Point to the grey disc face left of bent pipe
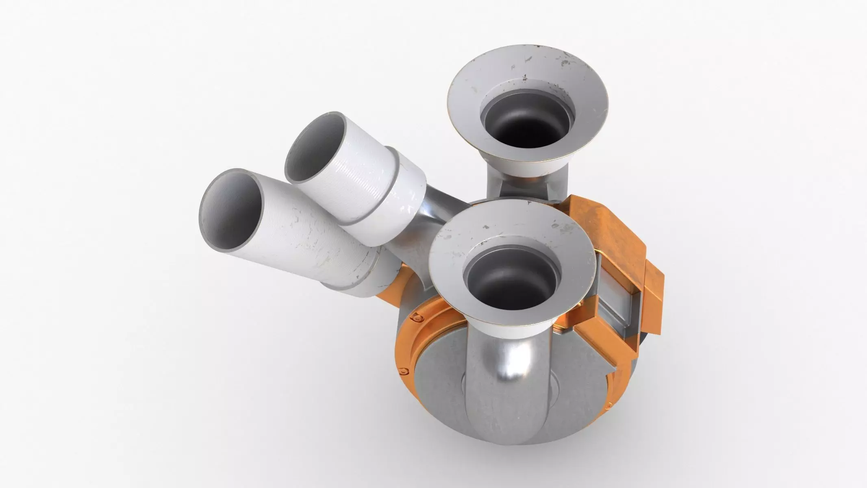point(439,386)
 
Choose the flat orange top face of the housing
point(602,228)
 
